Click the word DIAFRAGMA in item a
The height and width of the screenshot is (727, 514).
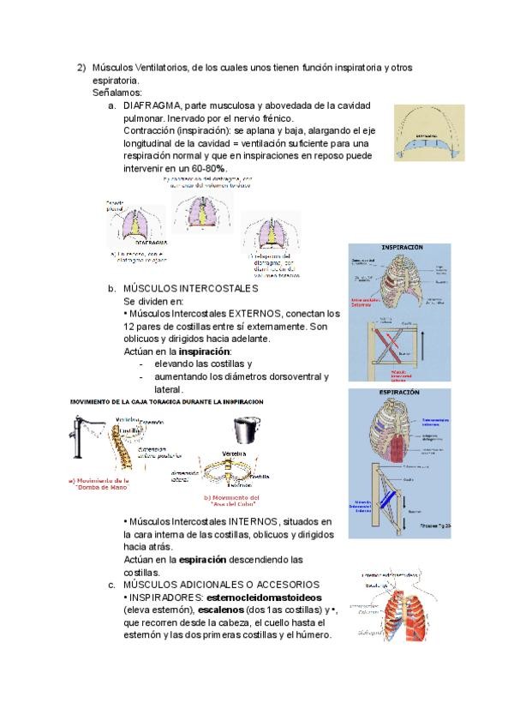tap(152, 105)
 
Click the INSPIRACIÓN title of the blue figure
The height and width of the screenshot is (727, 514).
tap(396, 247)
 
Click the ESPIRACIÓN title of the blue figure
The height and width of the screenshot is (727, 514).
tap(396, 392)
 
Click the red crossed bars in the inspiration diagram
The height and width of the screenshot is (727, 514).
tap(385, 345)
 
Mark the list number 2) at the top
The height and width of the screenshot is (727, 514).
tap(81, 67)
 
